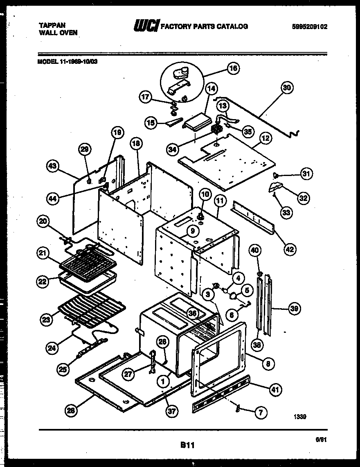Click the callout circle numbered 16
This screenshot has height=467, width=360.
click(x=233, y=68)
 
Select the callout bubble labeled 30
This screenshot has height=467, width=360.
click(x=288, y=87)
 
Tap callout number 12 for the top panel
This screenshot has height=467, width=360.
click(x=265, y=138)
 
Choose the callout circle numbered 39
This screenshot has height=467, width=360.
click(x=293, y=309)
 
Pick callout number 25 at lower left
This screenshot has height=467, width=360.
click(x=63, y=370)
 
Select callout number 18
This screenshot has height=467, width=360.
click(x=136, y=143)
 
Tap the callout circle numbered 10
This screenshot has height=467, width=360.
click(x=205, y=194)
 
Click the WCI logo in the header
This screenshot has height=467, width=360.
click(x=146, y=26)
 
